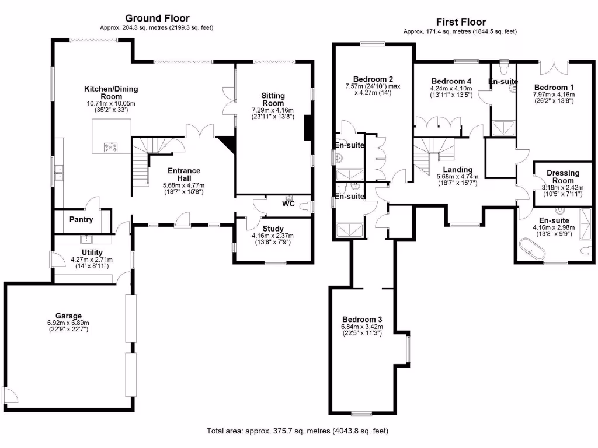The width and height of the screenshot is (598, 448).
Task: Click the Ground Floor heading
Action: (158, 19)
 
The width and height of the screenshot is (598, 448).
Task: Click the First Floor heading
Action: (460, 22)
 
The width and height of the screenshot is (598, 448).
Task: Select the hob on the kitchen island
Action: (110, 147)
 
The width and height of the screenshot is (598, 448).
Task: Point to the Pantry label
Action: (81, 220)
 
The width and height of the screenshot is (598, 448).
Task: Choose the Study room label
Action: (273, 229)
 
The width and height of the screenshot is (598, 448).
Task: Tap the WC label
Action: (288, 204)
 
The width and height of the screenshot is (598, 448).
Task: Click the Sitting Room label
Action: (273, 99)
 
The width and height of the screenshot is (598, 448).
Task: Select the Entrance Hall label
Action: (184, 174)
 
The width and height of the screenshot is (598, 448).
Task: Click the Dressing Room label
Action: (563, 177)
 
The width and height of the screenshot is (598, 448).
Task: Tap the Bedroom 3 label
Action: (362, 320)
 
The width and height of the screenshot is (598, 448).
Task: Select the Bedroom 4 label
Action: (451, 81)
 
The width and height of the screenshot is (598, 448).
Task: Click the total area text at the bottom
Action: (297, 431)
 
